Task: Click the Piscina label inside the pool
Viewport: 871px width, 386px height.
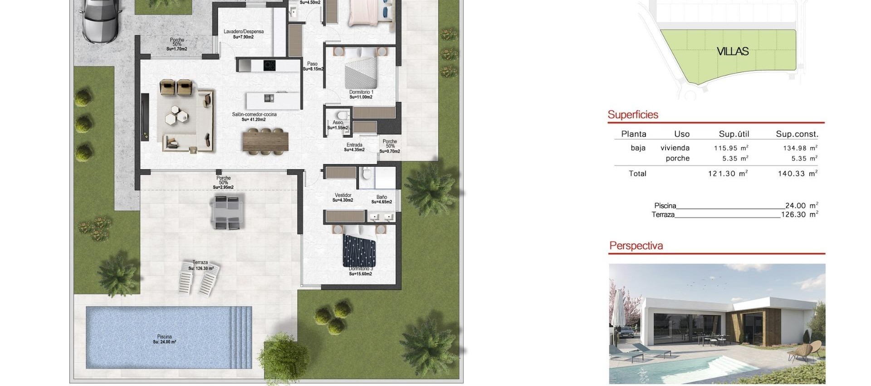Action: pos(164,337)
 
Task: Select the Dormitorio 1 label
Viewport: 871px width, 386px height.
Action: pos(361,92)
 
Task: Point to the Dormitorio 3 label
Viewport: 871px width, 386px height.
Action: pos(361,269)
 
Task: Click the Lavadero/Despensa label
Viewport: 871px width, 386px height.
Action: pos(244,32)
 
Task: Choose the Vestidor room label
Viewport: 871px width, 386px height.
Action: pos(343,195)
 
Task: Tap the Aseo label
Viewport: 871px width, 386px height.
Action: pos(338,123)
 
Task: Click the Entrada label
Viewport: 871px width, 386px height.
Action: pos(354,145)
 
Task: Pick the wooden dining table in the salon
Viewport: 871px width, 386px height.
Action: pos(265,140)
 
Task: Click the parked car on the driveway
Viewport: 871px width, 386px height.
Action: pos(100,22)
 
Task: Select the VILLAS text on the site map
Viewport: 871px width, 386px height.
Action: pos(733,51)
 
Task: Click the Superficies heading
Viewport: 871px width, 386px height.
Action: pos(633,114)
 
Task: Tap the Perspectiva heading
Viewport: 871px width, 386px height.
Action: pos(636,246)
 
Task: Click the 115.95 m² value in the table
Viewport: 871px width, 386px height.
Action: pos(728,148)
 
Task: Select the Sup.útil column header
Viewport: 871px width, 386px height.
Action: pos(734,134)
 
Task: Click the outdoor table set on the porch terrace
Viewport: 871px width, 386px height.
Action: pos(227,211)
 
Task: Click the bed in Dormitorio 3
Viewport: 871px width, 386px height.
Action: pos(359,251)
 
